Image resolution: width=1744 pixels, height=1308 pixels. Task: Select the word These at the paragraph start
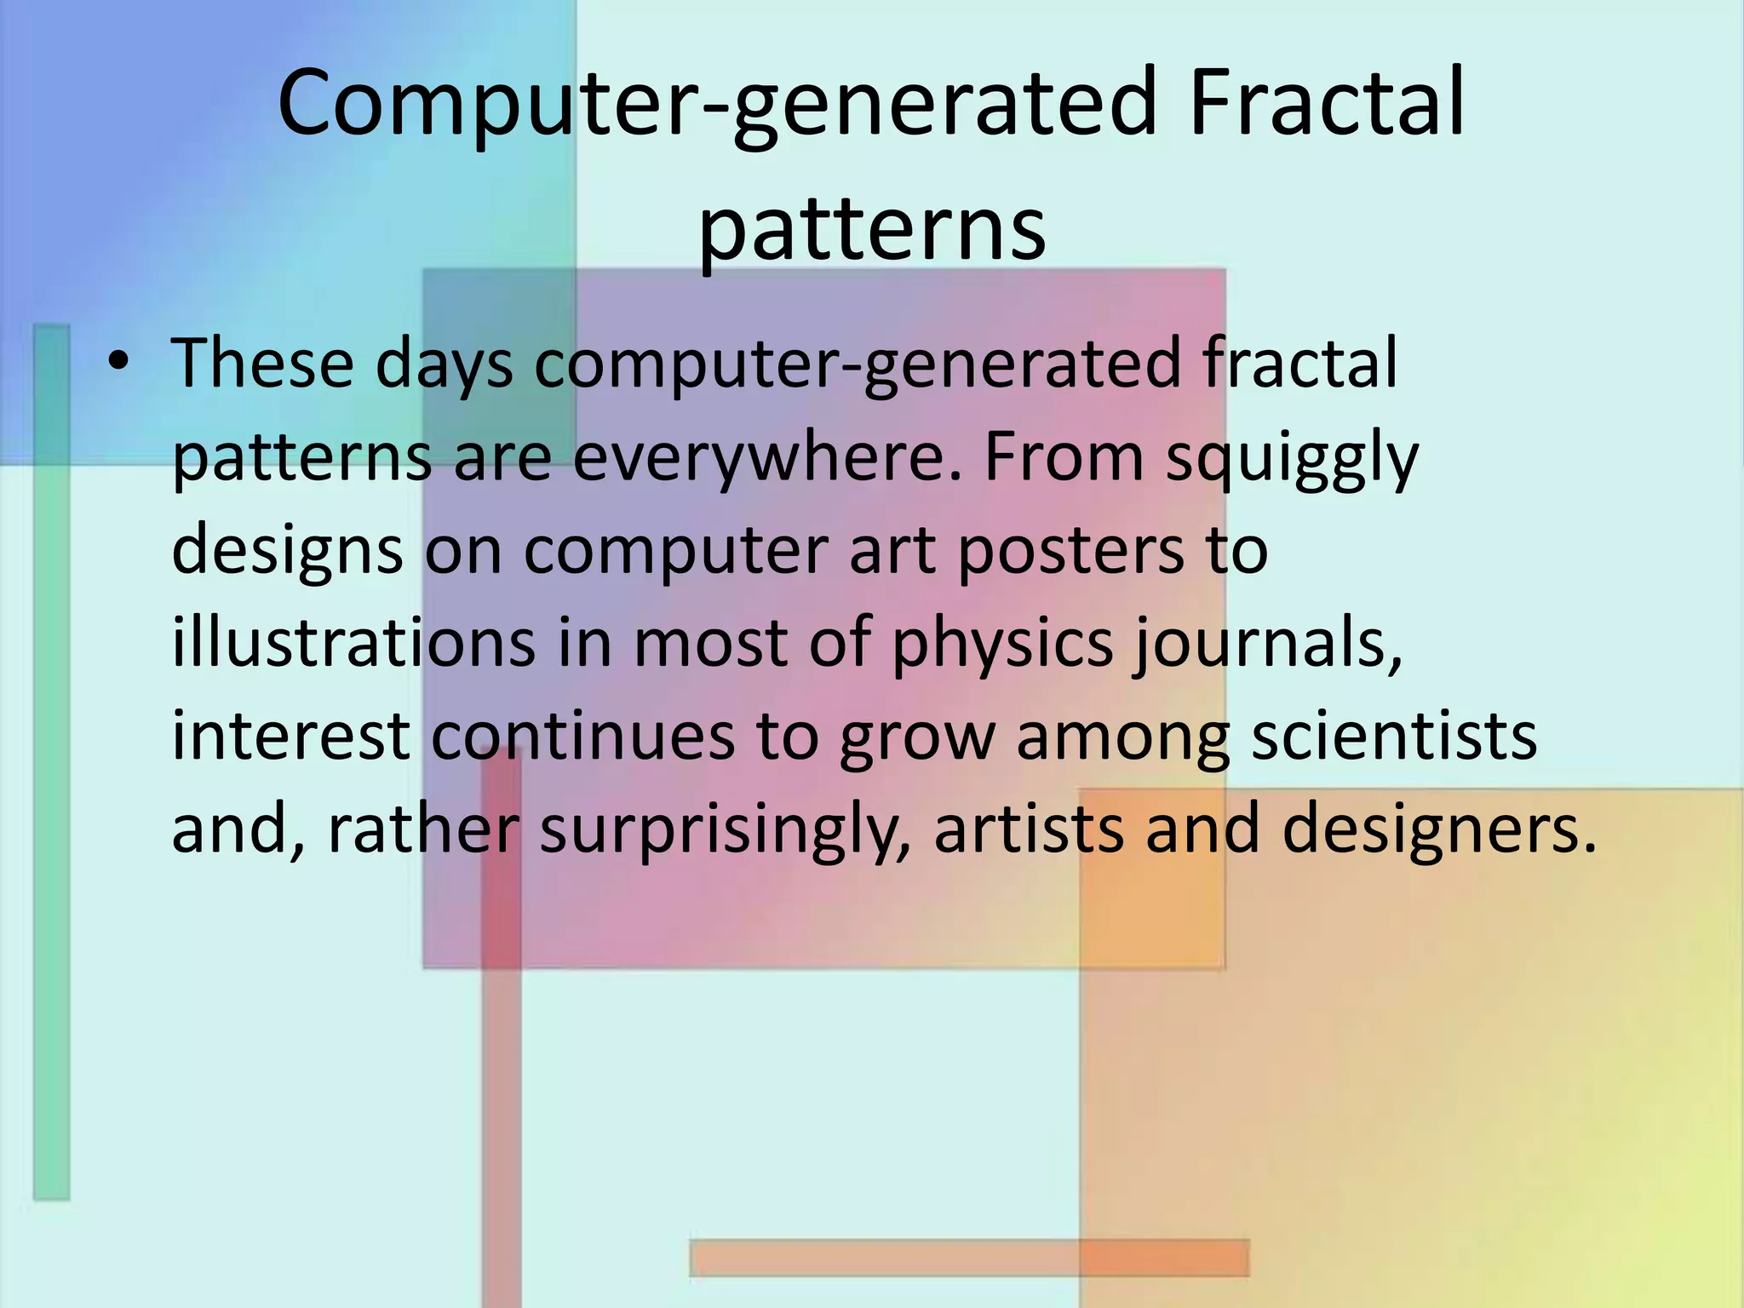262,364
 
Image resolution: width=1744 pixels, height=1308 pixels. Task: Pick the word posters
1070,552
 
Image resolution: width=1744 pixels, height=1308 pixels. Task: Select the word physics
1002,645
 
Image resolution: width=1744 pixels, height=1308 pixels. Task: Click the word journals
1268,645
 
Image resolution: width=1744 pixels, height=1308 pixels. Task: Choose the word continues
582,737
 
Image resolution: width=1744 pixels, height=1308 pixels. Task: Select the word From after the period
1063,457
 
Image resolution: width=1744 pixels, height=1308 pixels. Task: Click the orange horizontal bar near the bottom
969,1258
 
